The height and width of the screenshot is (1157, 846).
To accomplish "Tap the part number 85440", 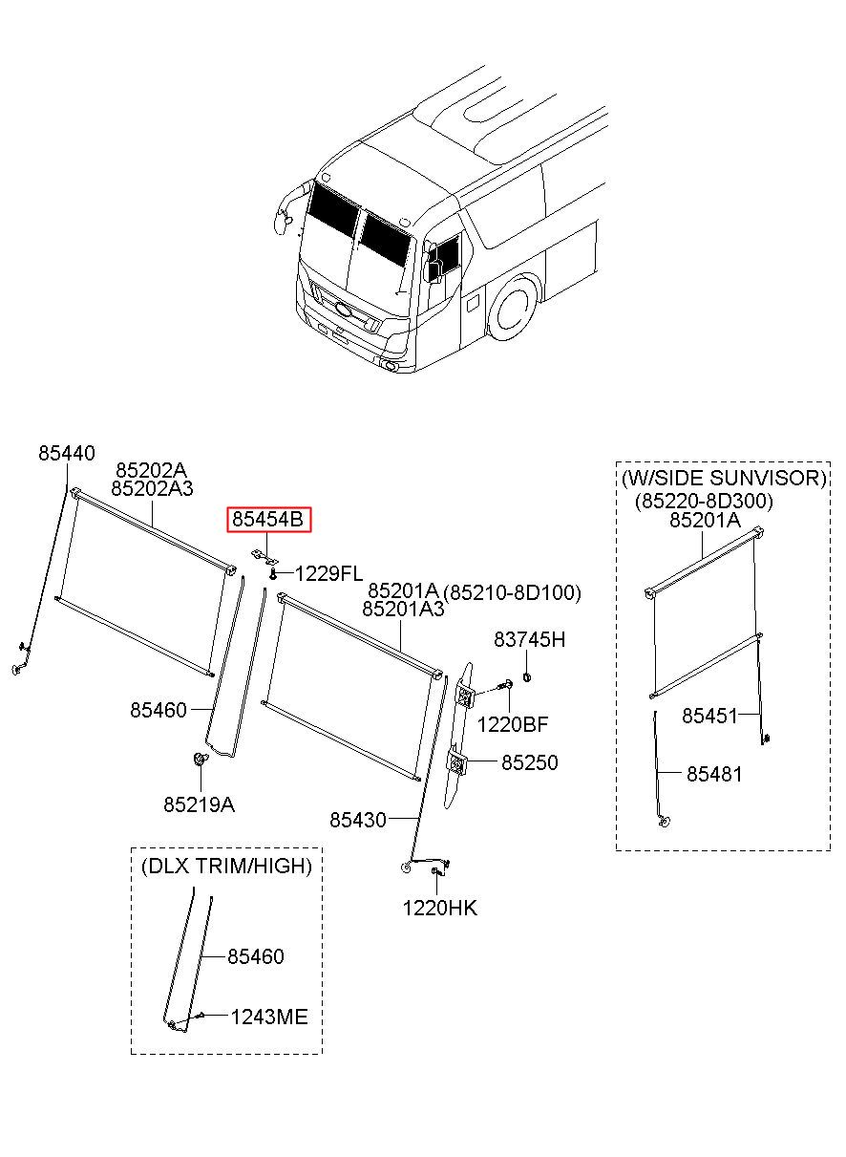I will (x=67, y=453).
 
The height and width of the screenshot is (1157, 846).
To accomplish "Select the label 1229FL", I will (x=328, y=574).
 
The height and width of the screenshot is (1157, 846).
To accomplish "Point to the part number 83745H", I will (x=529, y=639).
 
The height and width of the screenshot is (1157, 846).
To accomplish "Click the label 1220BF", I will (x=513, y=724).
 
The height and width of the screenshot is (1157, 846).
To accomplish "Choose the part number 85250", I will (x=530, y=763).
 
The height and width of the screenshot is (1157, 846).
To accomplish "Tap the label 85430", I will (x=358, y=819).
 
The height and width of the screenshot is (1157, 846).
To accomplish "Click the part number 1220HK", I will (x=439, y=908).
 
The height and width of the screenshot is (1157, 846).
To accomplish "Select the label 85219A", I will (x=199, y=804).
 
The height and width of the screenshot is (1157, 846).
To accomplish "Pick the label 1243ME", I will (x=269, y=1018).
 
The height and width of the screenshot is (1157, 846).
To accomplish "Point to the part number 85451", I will (x=709, y=716).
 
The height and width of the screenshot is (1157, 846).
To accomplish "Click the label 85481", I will (x=713, y=774).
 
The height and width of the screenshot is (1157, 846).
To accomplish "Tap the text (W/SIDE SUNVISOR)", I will (x=722, y=478).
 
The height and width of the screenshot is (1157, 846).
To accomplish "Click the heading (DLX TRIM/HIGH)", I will (x=226, y=867).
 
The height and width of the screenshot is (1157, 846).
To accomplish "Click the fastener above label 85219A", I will (x=200, y=761).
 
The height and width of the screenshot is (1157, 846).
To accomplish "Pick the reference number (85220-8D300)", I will (x=704, y=501).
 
